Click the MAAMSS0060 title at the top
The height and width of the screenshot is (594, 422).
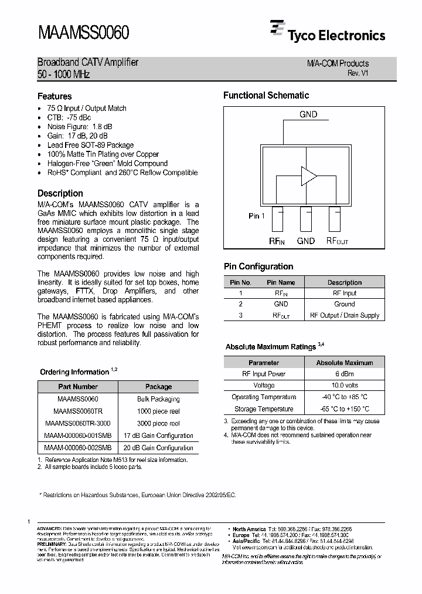tap(84, 31)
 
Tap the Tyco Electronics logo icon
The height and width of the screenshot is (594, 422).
tap(277, 29)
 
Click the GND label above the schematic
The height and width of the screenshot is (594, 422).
tap(308, 114)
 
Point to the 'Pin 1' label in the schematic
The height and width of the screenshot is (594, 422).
tap(257, 216)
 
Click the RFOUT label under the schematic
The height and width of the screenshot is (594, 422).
tap(337, 241)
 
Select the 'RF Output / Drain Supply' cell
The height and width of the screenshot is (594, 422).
tap(345, 315)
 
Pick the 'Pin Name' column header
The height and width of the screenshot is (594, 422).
tap(281, 282)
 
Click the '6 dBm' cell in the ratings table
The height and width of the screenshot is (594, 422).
tap(345, 373)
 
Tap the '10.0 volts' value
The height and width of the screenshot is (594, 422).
tap(345, 385)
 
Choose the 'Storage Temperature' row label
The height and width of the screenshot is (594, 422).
tap(264, 409)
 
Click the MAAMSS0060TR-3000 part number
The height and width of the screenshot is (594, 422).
tap(77, 423)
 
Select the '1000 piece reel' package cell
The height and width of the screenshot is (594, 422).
tap(158, 411)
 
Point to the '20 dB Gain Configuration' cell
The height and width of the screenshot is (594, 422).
tap(158, 448)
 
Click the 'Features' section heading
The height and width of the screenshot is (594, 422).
tap(55, 96)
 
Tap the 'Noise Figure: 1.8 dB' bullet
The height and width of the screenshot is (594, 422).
tap(80, 127)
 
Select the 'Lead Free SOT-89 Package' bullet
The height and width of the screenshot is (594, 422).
tap(90, 145)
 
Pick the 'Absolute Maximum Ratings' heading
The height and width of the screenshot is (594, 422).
tap(270, 347)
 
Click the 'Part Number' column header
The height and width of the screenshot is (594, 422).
tap(78, 387)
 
